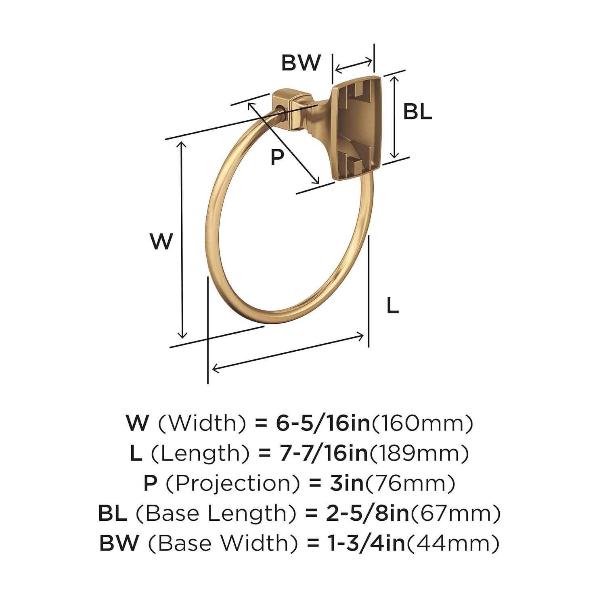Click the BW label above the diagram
[301, 63]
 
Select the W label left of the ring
[161, 242]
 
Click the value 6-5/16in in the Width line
[323, 423]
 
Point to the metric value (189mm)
[419, 454]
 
